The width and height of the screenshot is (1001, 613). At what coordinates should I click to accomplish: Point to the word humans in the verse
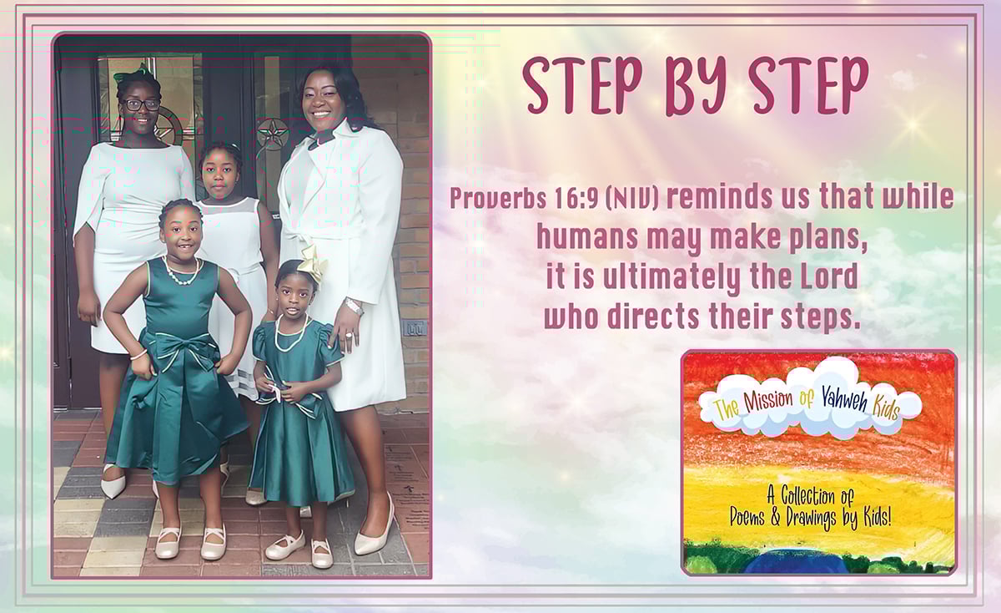(x=587, y=237)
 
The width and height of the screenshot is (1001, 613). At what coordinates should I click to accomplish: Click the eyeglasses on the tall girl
(x=142, y=105)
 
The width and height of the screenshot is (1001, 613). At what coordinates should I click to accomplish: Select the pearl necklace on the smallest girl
(x=291, y=334)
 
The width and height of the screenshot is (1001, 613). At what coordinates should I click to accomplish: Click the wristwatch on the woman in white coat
(x=354, y=306)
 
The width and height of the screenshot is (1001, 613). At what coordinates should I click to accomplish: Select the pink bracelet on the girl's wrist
(x=138, y=356)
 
